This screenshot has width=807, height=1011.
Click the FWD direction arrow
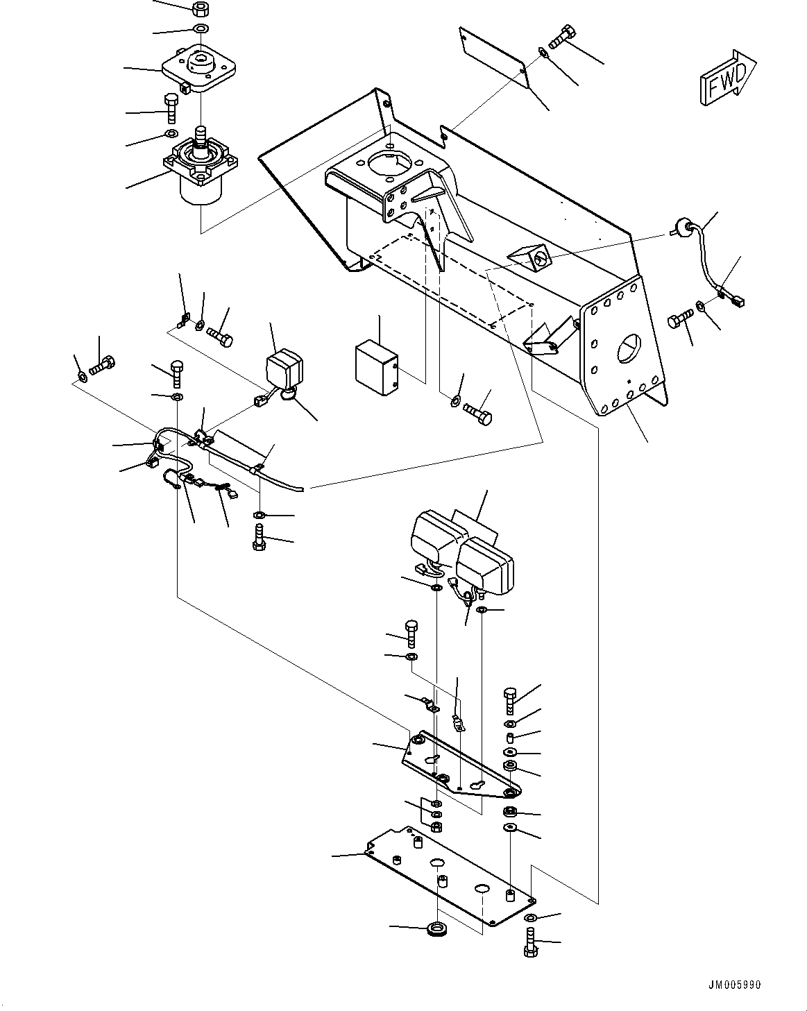(x=727, y=80)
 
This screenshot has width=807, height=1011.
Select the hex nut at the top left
(x=201, y=9)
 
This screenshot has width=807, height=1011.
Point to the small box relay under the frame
(x=375, y=368)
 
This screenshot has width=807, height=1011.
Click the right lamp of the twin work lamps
(x=486, y=563)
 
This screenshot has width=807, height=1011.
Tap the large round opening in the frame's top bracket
(x=391, y=166)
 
